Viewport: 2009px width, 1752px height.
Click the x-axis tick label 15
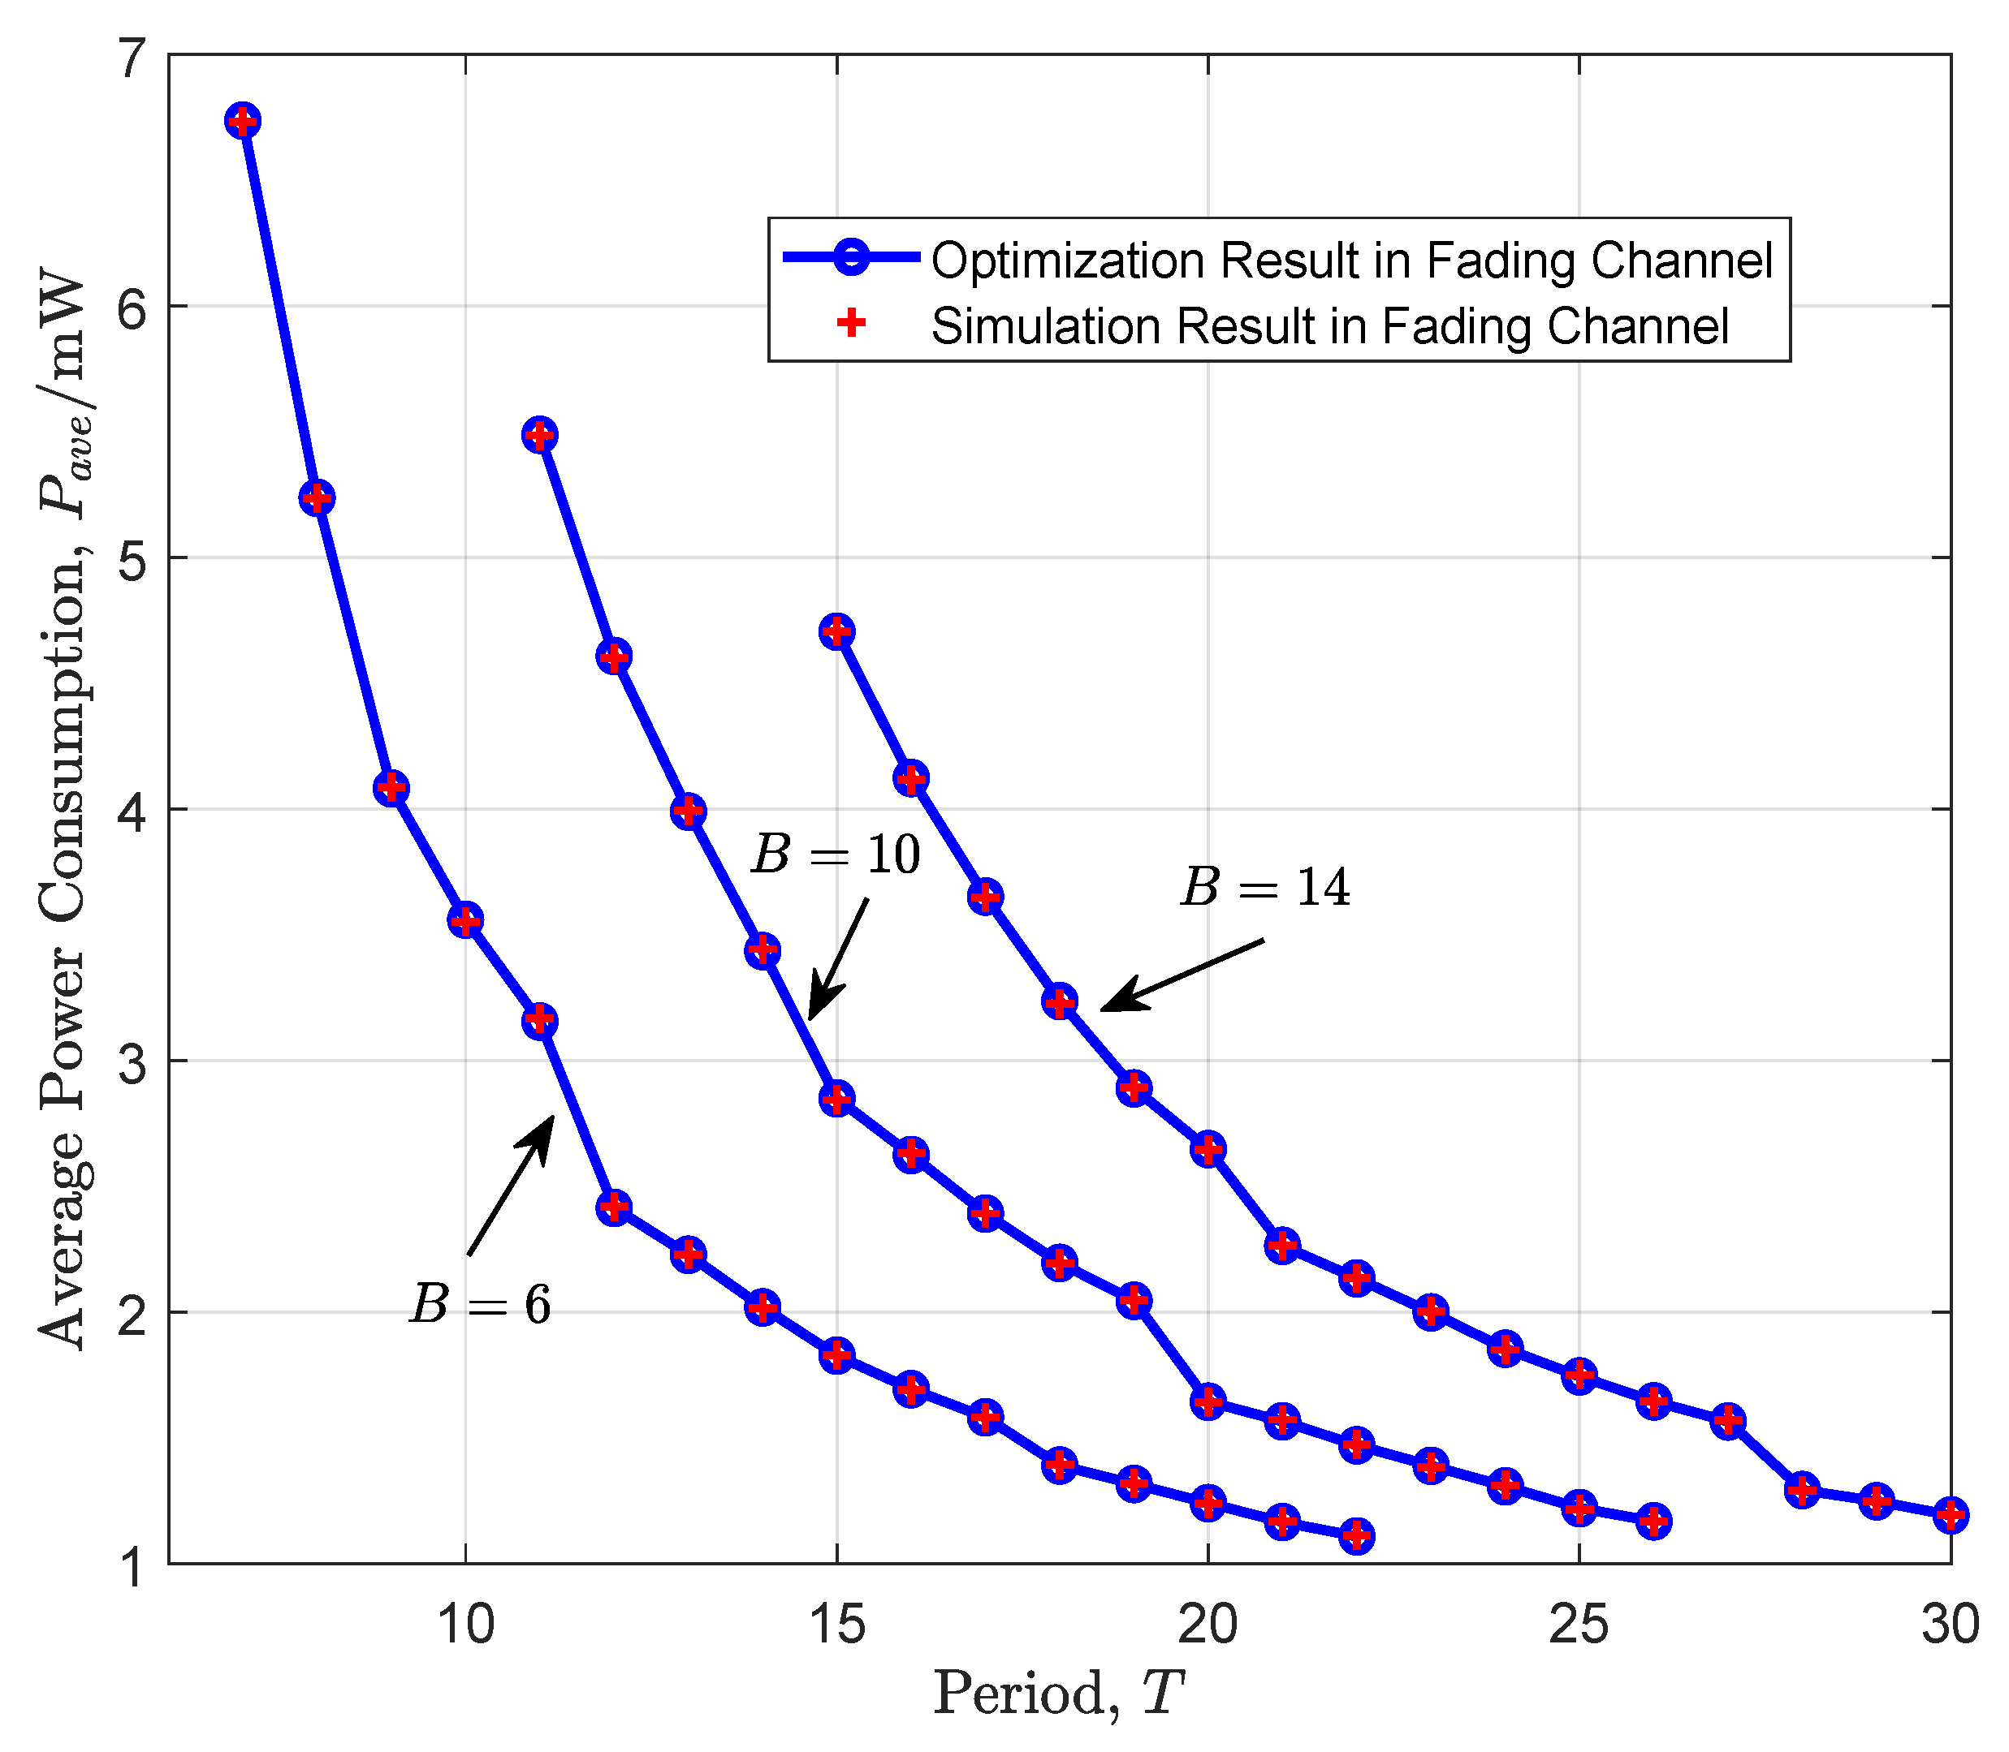(x=837, y=1625)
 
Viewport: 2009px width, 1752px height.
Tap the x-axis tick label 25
(x=1579, y=1625)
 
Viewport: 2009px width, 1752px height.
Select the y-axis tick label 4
(x=130, y=811)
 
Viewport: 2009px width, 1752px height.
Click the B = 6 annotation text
(x=480, y=1304)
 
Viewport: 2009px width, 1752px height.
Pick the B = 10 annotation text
(x=836, y=854)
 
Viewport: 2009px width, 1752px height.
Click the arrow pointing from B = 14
(x=1182, y=975)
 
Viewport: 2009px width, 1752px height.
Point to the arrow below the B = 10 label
(x=838, y=959)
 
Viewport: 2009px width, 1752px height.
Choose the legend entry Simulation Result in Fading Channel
(x=1330, y=325)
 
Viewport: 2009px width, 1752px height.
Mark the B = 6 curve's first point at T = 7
(x=243, y=121)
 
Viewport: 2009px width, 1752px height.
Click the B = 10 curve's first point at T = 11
(x=540, y=435)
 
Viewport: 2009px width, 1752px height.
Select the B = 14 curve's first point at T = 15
(x=837, y=631)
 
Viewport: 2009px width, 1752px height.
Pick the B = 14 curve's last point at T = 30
(x=1951, y=1515)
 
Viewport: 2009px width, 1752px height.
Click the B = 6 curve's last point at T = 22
(x=1357, y=1536)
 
